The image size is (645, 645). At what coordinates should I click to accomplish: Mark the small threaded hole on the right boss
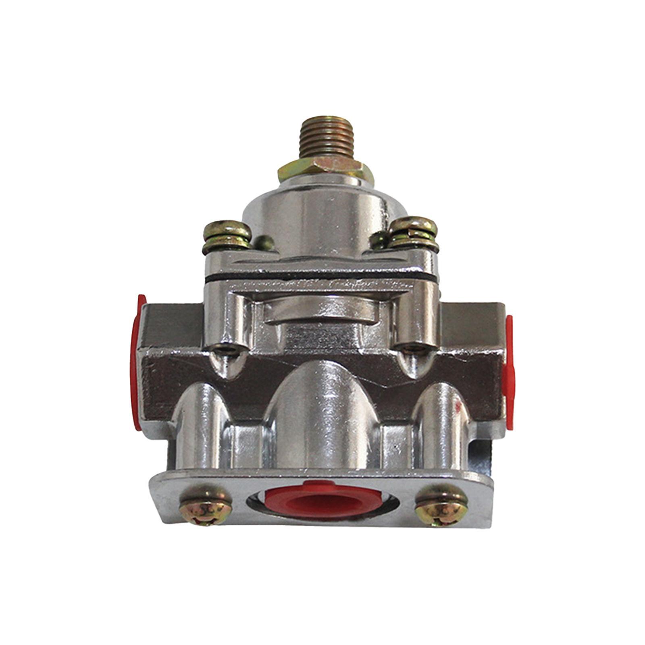point(412,347)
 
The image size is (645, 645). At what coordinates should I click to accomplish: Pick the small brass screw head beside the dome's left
point(264,242)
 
